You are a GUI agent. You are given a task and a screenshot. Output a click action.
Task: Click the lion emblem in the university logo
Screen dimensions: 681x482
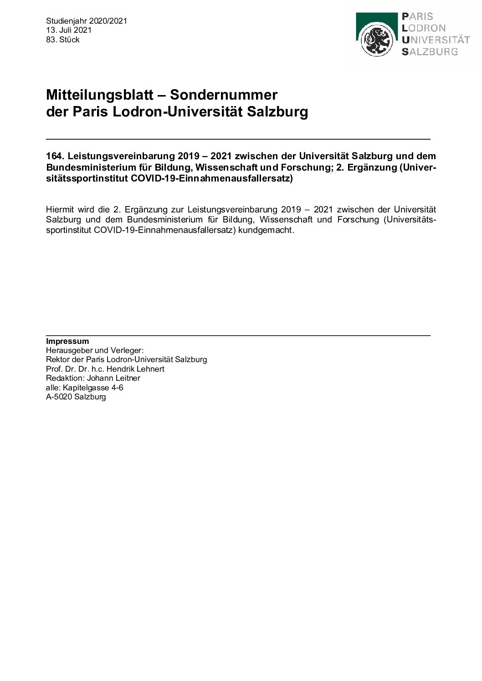coord(376,40)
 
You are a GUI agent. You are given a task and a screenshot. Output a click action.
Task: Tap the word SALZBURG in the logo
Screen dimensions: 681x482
coord(430,51)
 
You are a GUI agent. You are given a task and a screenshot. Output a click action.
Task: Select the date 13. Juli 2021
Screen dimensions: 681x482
coord(69,30)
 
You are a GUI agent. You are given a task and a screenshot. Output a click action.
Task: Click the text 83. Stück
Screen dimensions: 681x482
coord(63,40)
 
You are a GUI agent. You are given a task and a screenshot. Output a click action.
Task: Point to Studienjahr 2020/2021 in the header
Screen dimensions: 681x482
coord(87,21)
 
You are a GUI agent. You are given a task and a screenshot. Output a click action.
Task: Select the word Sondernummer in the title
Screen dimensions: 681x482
coord(224,95)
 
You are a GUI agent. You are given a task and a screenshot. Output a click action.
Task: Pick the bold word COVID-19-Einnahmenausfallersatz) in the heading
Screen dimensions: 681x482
coord(211,179)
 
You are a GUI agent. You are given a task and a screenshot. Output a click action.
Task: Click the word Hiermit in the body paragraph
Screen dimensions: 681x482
coord(60,210)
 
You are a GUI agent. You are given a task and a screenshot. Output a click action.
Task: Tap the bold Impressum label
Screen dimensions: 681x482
coord(67,341)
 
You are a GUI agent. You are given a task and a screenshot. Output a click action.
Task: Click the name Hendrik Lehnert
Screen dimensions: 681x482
coord(135,369)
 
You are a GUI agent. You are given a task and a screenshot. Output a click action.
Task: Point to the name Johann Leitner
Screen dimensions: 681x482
coord(114,378)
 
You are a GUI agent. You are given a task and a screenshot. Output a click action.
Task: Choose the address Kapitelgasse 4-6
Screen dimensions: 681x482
coord(93,388)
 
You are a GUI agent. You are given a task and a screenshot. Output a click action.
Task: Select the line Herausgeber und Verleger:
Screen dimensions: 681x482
coord(95,350)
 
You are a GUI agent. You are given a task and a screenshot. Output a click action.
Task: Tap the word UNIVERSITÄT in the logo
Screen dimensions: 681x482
coord(436,40)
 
